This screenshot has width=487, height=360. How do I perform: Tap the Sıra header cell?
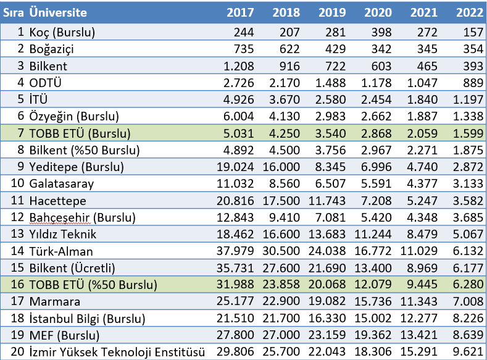click(x=14, y=12)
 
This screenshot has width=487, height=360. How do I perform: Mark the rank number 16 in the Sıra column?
click(x=17, y=285)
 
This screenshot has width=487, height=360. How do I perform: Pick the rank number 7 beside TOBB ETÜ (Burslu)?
click(x=20, y=132)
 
